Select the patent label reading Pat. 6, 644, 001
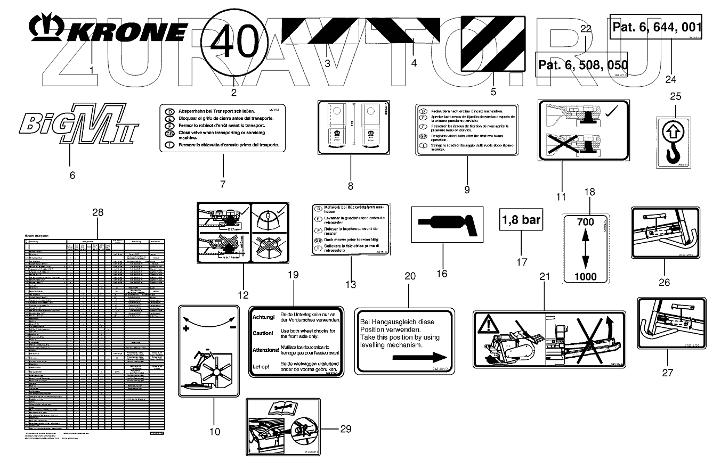[656, 27]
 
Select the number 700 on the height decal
[586, 221]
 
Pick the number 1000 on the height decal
[586, 276]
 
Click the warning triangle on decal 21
[489, 325]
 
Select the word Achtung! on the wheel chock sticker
[264, 318]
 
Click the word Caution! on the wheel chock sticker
[264, 333]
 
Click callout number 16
[442, 274]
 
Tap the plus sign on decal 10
[186, 329]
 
